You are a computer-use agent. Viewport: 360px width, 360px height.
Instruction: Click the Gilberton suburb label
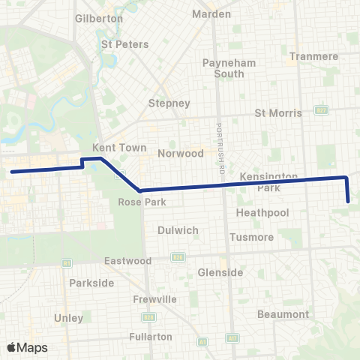coord(99,17)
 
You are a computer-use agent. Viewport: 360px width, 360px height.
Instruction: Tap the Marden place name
coord(211,14)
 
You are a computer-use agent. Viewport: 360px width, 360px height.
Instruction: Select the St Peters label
coord(121,44)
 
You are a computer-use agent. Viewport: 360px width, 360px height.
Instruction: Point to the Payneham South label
coord(223,68)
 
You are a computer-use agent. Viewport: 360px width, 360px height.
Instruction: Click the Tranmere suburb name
coord(313,56)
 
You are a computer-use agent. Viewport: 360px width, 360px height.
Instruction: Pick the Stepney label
coord(169,103)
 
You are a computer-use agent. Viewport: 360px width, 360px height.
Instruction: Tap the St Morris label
coord(278,113)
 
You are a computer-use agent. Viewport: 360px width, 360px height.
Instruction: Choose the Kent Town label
coord(112,148)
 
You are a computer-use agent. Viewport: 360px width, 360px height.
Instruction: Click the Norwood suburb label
coord(181,153)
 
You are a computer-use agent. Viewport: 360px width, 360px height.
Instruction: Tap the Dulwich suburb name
coord(178,230)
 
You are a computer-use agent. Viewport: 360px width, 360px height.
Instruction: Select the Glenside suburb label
coord(220,272)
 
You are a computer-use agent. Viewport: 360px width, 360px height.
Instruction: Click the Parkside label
coord(91,283)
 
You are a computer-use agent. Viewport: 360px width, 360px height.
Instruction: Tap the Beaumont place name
coord(283,313)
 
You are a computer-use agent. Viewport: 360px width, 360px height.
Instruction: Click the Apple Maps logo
coord(27,347)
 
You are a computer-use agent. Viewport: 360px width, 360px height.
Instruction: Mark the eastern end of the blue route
coord(349,201)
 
